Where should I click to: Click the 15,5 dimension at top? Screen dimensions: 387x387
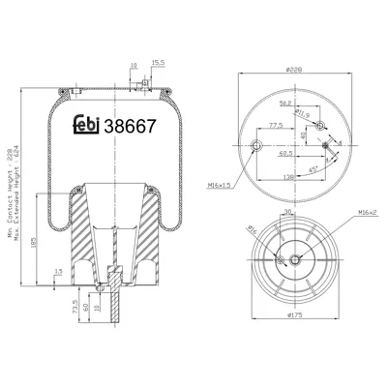point(158,64)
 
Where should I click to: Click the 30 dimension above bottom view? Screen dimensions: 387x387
point(286,211)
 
